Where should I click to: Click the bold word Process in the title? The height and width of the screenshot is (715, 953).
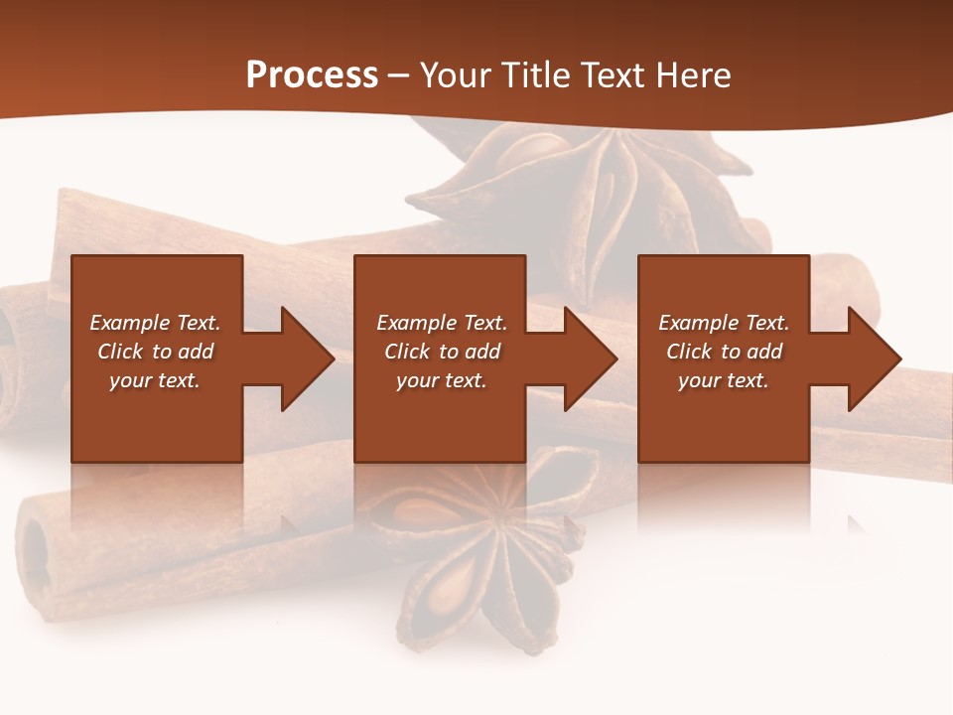coord(312,75)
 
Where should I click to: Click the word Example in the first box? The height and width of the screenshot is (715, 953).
coord(128,323)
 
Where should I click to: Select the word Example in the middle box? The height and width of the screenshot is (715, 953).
coord(415,323)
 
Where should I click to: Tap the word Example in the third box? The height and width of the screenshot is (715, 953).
coord(697,323)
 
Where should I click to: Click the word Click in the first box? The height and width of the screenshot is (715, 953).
coord(121,352)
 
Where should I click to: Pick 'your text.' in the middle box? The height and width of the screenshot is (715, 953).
coord(441,380)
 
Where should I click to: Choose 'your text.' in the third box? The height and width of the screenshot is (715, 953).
coord(723,380)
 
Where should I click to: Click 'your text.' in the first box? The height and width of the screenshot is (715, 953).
coord(155,380)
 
